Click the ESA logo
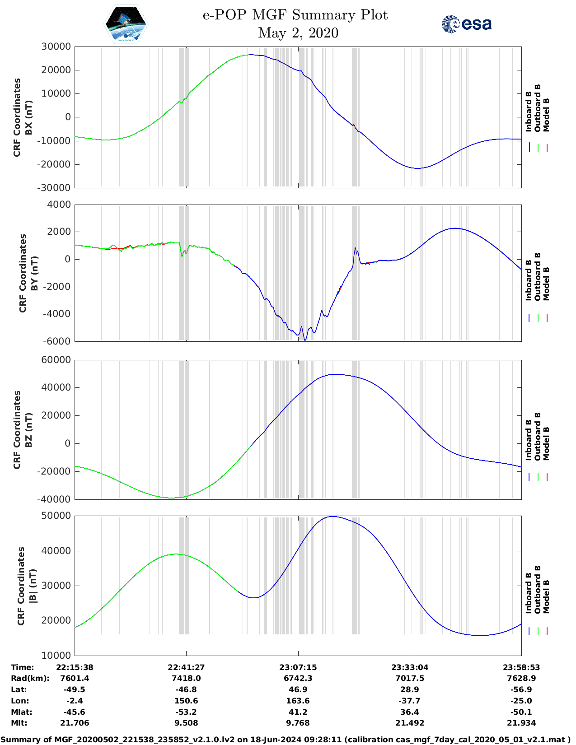click(x=466, y=24)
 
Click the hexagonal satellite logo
click(x=126, y=24)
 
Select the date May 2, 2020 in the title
click(x=298, y=33)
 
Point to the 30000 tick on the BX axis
click(x=56, y=47)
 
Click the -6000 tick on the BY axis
click(x=57, y=341)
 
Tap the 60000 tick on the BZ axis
click(x=56, y=360)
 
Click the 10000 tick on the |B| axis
click(x=56, y=655)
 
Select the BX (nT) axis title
click(x=28, y=117)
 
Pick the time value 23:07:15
click(x=298, y=667)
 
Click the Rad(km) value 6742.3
click(x=298, y=678)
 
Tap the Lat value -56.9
click(x=521, y=689)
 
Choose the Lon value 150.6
click(x=186, y=701)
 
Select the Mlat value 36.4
click(x=410, y=712)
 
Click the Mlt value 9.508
click(x=186, y=723)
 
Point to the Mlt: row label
click(x=19, y=723)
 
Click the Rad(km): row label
click(x=30, y=678)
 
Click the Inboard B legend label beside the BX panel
click(x=529, y=112)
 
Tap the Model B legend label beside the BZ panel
click(x=546, y=443)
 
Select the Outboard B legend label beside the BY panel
click(x=538, y=276)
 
